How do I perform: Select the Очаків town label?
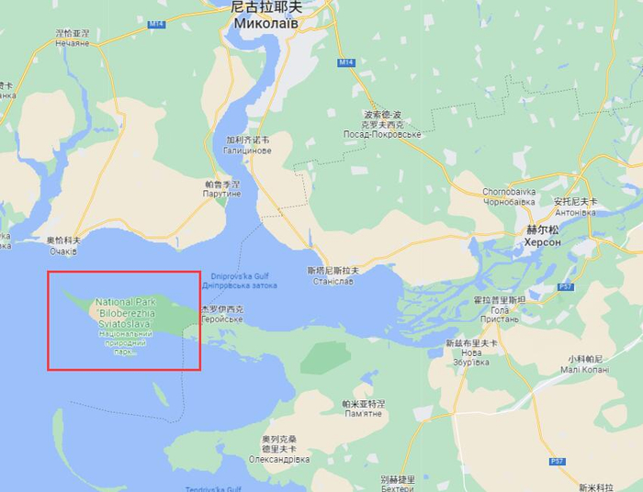(63, 250)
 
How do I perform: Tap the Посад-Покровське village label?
(384, 134)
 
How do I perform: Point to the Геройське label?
(223, 319)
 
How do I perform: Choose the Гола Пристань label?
(500, 314)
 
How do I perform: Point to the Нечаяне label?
(73, 42)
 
